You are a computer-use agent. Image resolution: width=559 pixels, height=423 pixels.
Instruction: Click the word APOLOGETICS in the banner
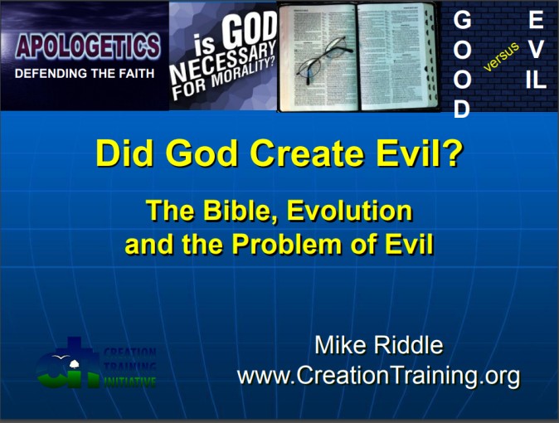(x=87, y=46)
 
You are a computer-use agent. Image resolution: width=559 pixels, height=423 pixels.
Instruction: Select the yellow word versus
(x=501, y=55)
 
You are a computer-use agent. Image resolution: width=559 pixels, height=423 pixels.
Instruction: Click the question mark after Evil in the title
(x=450, y=154)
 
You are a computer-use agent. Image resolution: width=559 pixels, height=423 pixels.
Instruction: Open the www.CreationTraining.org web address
(x=378, y=376)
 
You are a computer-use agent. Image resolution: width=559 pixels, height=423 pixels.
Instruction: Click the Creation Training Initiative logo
(x=96, y=365)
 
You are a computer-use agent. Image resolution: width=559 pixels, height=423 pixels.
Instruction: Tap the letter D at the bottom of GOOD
(x=461, y=109)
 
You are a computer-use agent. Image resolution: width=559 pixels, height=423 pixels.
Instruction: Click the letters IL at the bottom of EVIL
(x=536, y=80)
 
